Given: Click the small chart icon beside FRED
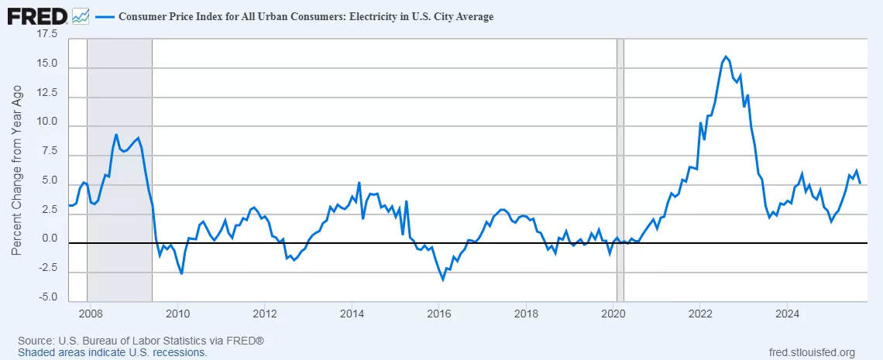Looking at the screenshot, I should pos(80,15).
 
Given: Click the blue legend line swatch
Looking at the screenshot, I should pos(102,16).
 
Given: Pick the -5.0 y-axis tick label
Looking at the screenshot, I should pos(48,297).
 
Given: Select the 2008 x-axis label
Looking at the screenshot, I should pos(91,314).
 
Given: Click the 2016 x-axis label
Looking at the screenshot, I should pos(438,314).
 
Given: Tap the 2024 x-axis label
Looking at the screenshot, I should pos(787,314).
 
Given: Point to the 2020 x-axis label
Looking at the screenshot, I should pos(613,314).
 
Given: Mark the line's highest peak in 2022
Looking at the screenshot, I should pos(726,57).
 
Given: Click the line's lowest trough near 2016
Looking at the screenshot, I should pos(443,279).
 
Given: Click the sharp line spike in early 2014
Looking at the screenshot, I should pos(359,183).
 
